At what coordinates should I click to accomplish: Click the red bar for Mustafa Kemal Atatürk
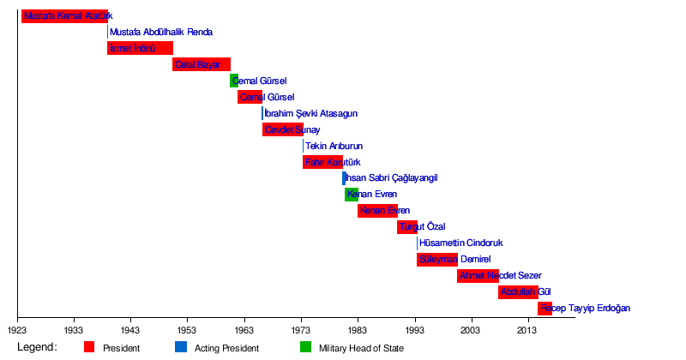[x=64, y=15]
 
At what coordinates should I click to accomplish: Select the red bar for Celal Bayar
[x=202, y=64]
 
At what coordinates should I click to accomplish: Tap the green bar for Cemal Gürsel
[x=233, y=81]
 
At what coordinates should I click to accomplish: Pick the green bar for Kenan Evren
[x=352, y=195]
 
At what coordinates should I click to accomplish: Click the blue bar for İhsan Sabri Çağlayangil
[x=344, y=178]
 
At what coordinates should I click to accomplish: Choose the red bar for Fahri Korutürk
[x=322, y=162]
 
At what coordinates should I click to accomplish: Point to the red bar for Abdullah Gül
[x=518, y=292]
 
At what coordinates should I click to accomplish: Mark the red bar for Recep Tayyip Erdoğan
[x=545, y=309]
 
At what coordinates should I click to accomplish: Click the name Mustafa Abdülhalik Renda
[x=161, y=32]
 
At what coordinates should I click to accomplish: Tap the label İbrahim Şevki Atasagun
[x=311, y=113]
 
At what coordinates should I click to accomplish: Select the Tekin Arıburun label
[x=334, y=146]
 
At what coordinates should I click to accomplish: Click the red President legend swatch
[x=89, y=347]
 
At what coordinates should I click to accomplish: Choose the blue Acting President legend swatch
[x=181, y=347]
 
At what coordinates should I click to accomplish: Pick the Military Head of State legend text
[x=361, y=348]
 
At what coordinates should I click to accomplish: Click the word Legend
[x=37, y=347]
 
